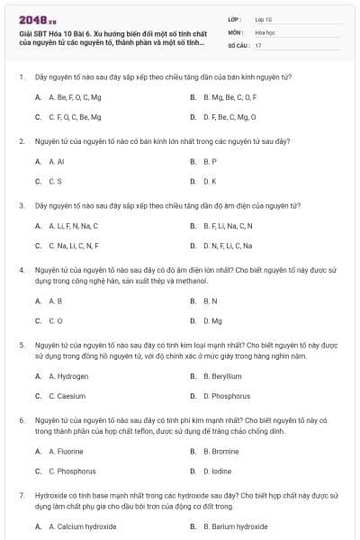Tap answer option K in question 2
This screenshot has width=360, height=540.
(x=211, y=182)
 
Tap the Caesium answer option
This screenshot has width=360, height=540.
(x=66, y=395)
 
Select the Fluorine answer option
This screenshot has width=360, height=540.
(x=66, y=450)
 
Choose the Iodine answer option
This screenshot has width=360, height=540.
(x=217, y=471)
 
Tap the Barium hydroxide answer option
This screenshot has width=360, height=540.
(x=236, y=526)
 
